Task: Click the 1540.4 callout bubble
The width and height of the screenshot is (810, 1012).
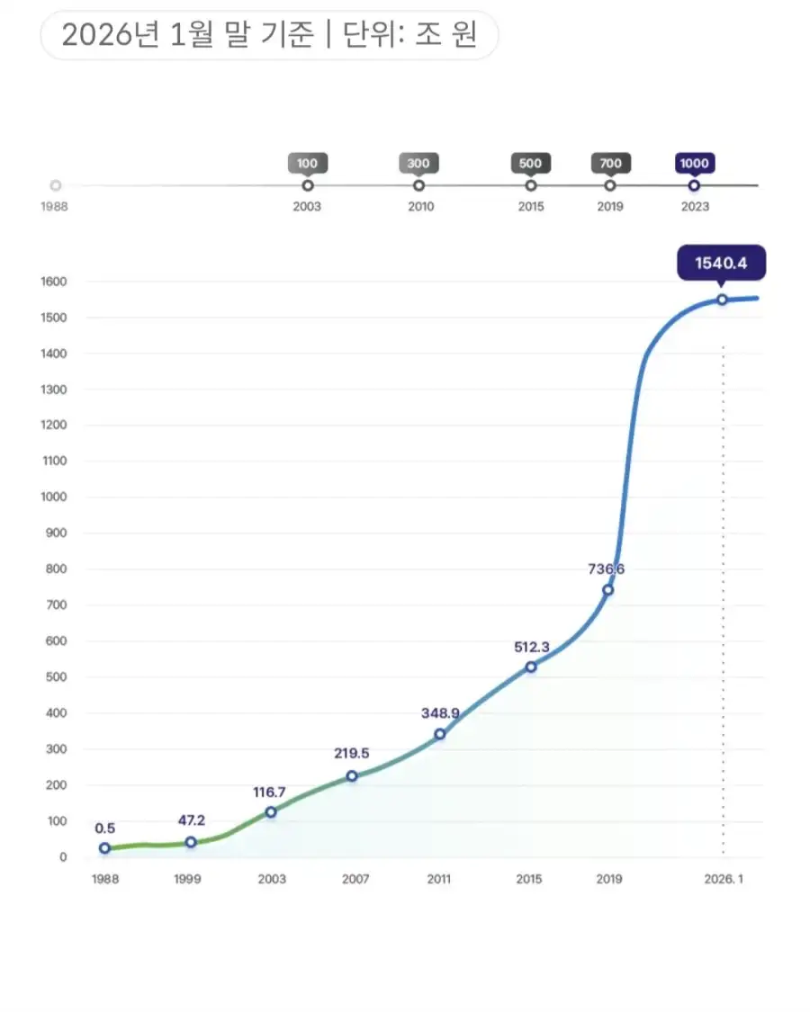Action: coord(722,264)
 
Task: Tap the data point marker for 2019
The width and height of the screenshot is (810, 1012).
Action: coord(608,590)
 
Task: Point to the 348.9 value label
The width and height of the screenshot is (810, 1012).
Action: coord(440,712)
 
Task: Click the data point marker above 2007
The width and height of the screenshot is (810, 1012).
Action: coord(352,775)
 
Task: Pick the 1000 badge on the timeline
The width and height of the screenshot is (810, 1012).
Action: coord(694,164)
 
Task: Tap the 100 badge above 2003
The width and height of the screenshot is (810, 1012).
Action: coord(308,164)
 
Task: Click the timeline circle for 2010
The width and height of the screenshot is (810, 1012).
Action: coord(418,185)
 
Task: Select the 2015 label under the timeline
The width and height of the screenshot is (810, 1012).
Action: coord(530,206)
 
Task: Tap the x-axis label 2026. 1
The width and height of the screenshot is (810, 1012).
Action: coord(723,879)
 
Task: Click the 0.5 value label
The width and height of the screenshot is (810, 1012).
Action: coord(104,828)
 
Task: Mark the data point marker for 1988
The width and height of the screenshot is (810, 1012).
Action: coord(104,848)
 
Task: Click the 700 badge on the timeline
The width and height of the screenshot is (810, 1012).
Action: coord(610,164)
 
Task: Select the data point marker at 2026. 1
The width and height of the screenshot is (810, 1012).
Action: coord(722,300)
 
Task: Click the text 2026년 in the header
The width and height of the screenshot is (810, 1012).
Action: coord(105,35)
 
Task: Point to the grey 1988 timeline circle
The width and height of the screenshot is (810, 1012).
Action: coord(56,185)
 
